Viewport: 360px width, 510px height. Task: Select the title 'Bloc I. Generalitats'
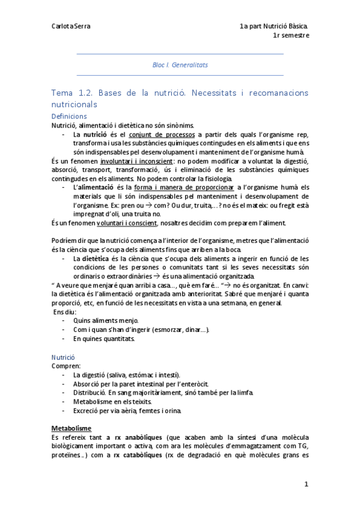point(180,64)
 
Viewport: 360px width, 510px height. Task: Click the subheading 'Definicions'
point(70,116)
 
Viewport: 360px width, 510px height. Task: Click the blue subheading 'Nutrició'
point(63,357)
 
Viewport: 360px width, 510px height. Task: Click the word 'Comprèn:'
point(64,366)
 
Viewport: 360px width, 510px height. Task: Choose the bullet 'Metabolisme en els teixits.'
point(112,401)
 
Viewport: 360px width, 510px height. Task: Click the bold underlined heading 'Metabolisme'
point(71,428)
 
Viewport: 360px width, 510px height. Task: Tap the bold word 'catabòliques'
point(143,455)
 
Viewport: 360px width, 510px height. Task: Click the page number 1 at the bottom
point(306,484)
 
